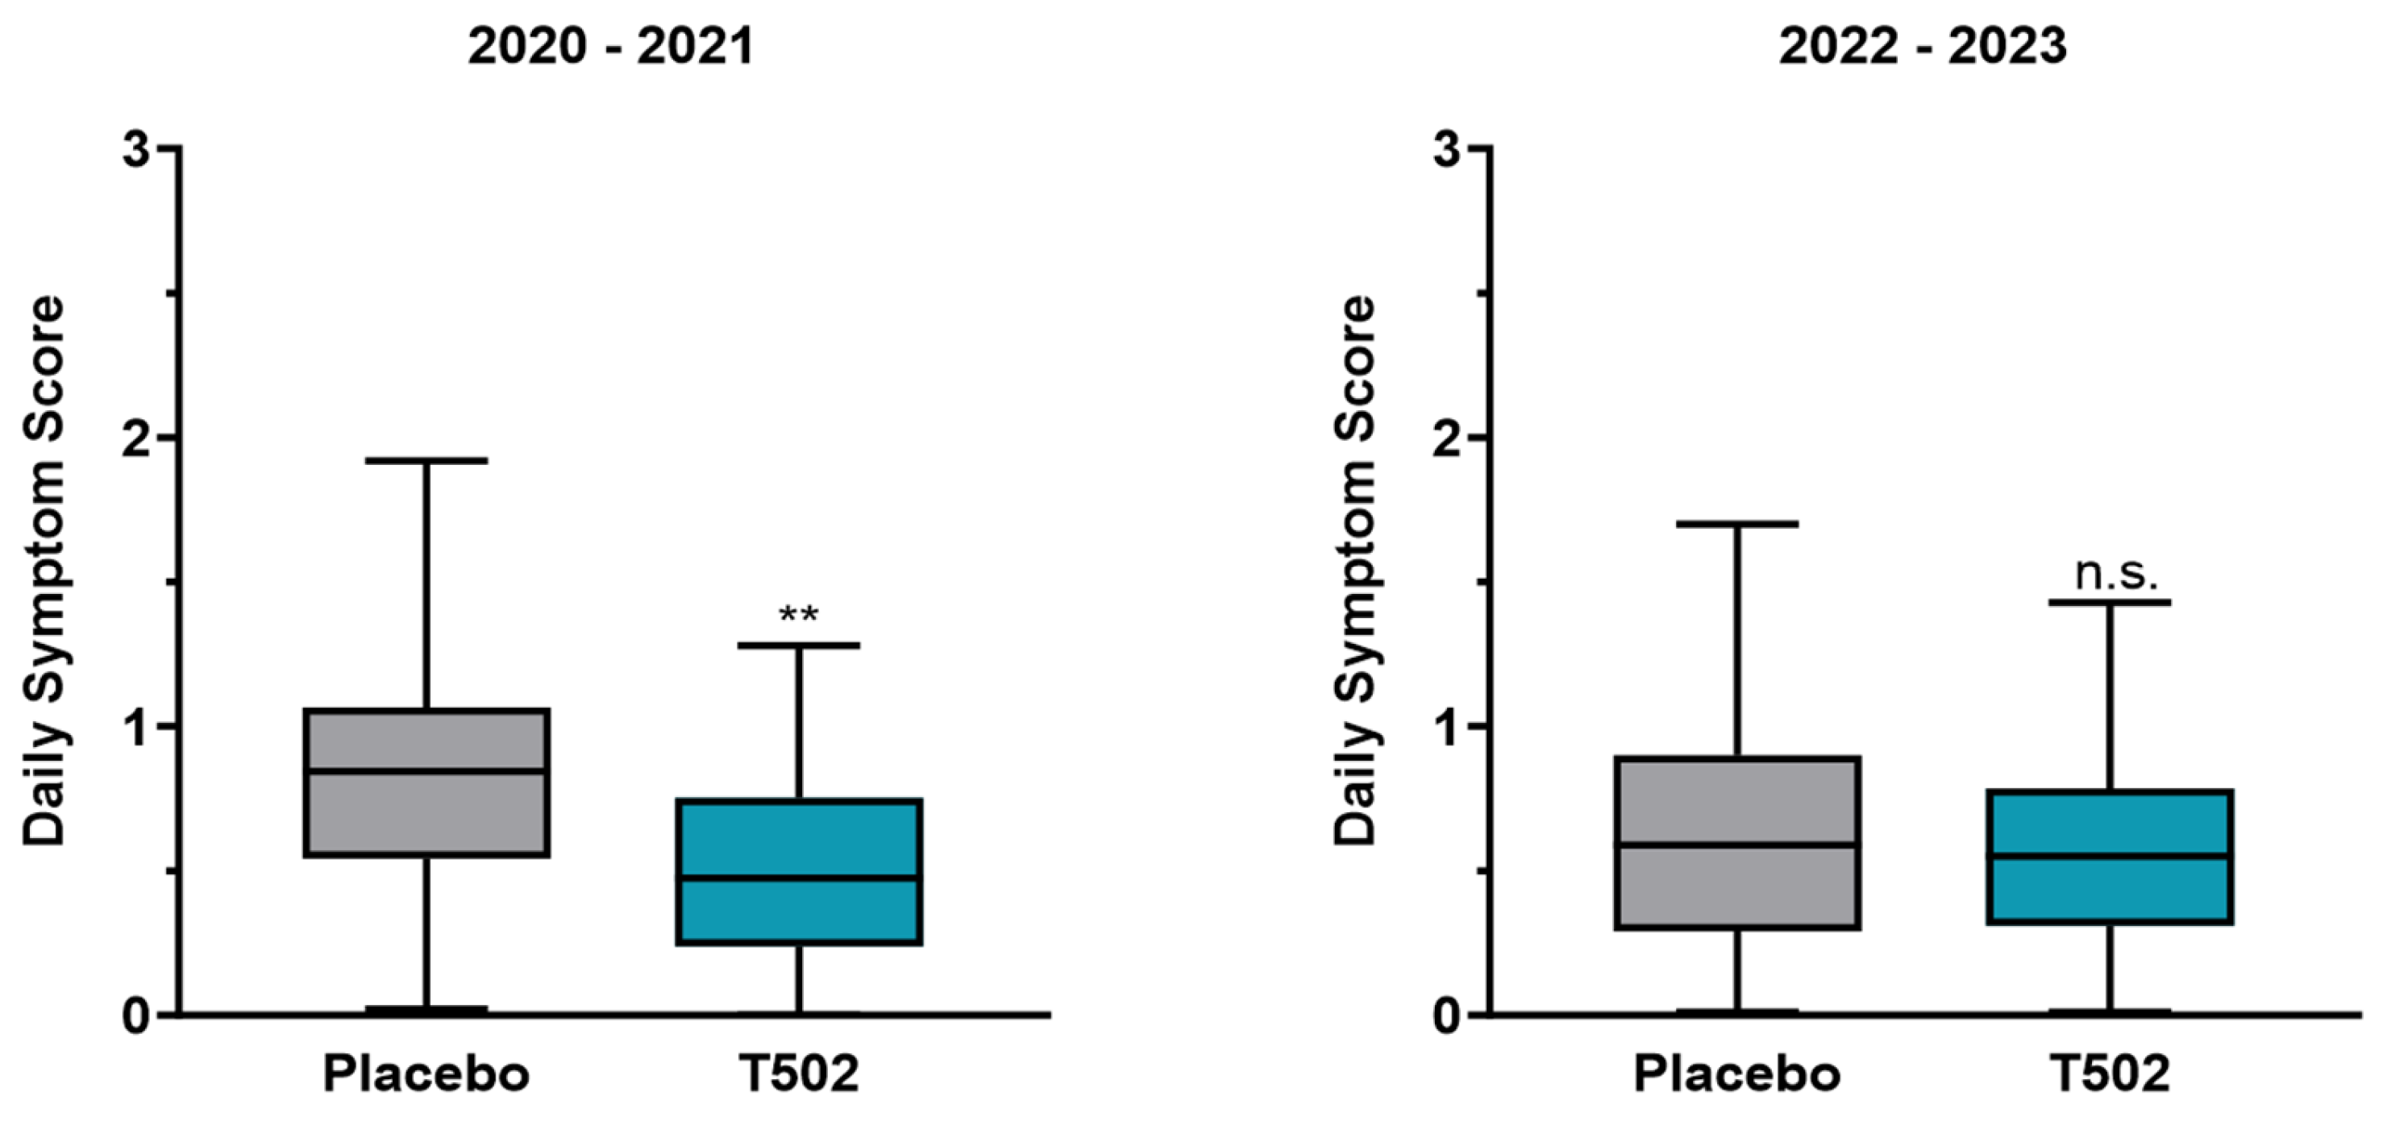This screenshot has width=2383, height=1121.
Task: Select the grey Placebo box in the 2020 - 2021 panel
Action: (427, 783)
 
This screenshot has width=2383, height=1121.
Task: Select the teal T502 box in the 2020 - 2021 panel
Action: (799, 871)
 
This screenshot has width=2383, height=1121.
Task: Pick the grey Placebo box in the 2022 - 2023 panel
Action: (1737, 841)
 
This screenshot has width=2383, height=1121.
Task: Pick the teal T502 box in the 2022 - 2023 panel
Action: (2110, 857)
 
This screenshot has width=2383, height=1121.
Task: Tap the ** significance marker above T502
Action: (798, 615)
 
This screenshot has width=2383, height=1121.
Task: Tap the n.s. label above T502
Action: (2115, 575)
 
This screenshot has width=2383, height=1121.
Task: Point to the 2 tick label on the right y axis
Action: (1447, 438)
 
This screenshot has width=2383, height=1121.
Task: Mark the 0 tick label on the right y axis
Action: (1447, 1016)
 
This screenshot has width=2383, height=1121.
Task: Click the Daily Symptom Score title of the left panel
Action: (44, 570)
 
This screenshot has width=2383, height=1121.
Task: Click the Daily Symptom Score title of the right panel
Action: (1356, 570)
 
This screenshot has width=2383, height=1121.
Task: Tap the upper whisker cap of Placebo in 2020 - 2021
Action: (426, 459)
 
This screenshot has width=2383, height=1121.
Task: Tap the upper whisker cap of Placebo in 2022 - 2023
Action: (1737, 524)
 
